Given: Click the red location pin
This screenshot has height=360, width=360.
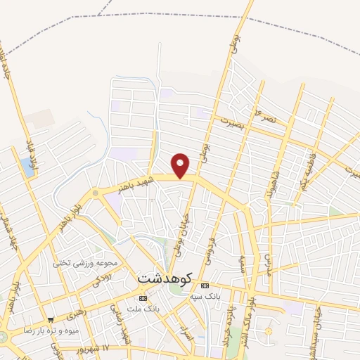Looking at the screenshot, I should coord(181,165).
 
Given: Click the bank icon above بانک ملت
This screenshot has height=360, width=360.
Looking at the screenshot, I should coord(144,299).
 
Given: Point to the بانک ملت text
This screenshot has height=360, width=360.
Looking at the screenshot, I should coord(148,309).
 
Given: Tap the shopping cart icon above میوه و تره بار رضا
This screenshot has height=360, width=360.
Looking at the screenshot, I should coord(50,319).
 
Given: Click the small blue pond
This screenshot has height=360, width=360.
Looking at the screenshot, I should coord(27,167).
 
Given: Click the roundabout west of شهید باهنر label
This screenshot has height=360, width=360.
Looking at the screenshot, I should coord(95,193).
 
